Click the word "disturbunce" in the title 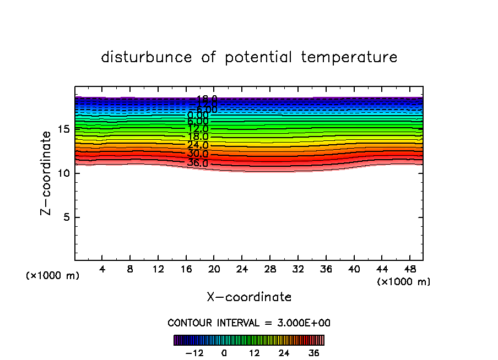tap(147, 57)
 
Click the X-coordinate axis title tap(249, 297)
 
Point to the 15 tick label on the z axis tap(63, 129)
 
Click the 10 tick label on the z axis tap(63, 173)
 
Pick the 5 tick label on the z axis tap(66, 217)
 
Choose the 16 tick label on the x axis tap(186, 270)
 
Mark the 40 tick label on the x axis tap(354, 270)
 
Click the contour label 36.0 tap(197, 163)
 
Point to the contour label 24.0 tap(197, 145)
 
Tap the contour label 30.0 tap(197, 154)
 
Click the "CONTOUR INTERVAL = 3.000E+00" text tap(249, 323)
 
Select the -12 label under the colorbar tap(194, 353)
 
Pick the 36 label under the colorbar tap(313, 353)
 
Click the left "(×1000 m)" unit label tap(53, 276)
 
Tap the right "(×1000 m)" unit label tap(404, 282)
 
